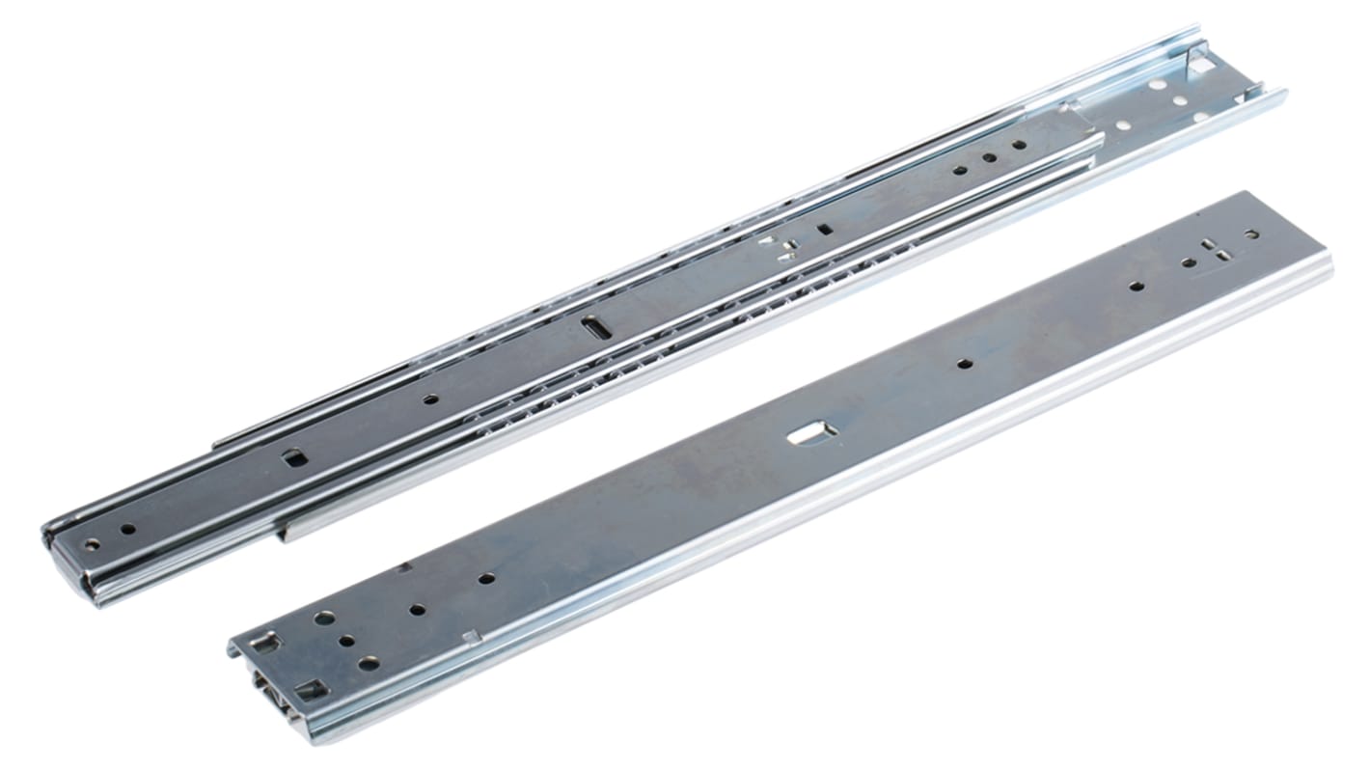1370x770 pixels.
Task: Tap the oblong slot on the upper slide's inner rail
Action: point(596,327)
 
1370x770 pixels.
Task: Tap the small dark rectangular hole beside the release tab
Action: point(825,229)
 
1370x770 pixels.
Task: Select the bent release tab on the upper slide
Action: point(784,247)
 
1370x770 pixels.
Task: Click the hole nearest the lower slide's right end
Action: point(1251,234)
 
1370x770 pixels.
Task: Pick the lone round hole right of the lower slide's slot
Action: point(963,364)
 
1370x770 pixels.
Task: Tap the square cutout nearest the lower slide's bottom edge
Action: point(310,689)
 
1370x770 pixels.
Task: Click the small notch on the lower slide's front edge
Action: point(470,635)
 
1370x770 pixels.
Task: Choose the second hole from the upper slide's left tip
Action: point(126,529)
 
